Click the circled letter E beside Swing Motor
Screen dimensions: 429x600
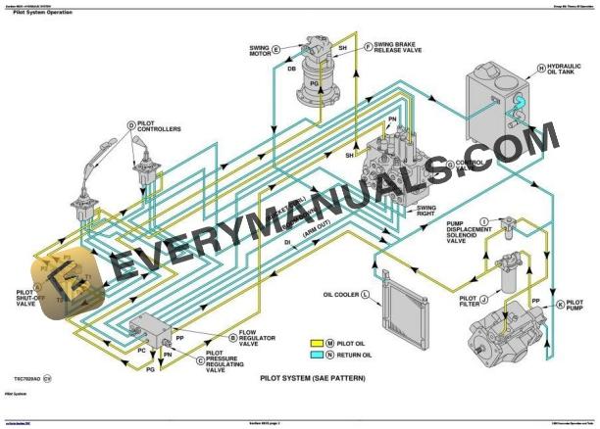(275, 49)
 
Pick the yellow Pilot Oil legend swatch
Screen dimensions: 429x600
(316, 342)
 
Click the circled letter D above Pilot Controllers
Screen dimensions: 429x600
(130, 124)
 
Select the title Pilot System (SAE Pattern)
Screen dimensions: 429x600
(306, 376)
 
